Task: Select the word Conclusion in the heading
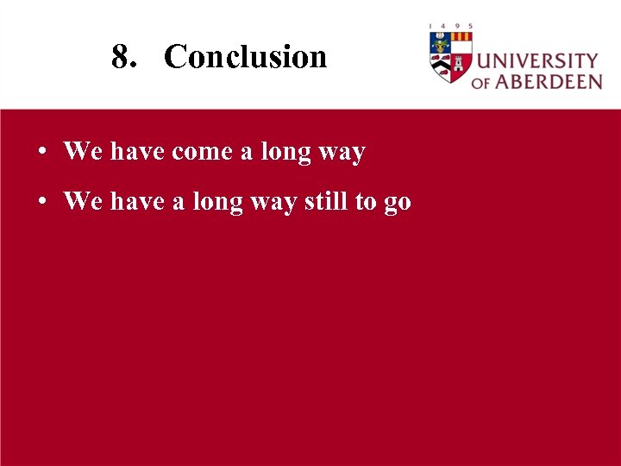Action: click(246, 57)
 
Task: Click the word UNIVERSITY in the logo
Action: click(537, 62)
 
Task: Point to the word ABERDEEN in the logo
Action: click(549, 82)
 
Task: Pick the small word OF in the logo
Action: click(480, 83)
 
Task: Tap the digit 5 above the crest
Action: click(471, 27)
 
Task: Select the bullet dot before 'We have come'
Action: click(41, 153)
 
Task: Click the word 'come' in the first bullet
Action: click(202, 153)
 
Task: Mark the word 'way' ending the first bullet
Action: click(342, 154)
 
